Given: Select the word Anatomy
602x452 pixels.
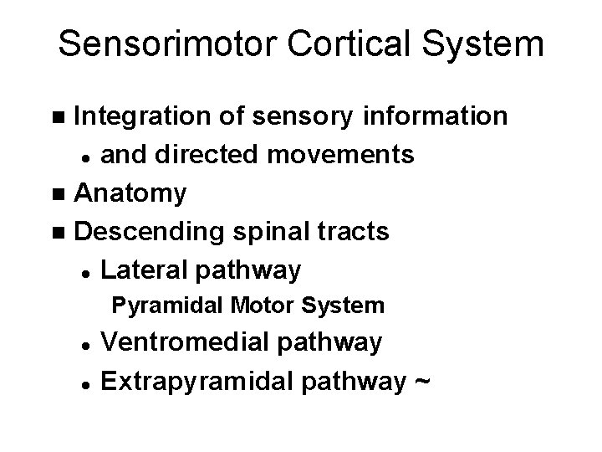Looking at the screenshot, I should click(x=130, y=193).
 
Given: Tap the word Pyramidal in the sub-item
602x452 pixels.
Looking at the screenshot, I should click(x=158, y=306).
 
